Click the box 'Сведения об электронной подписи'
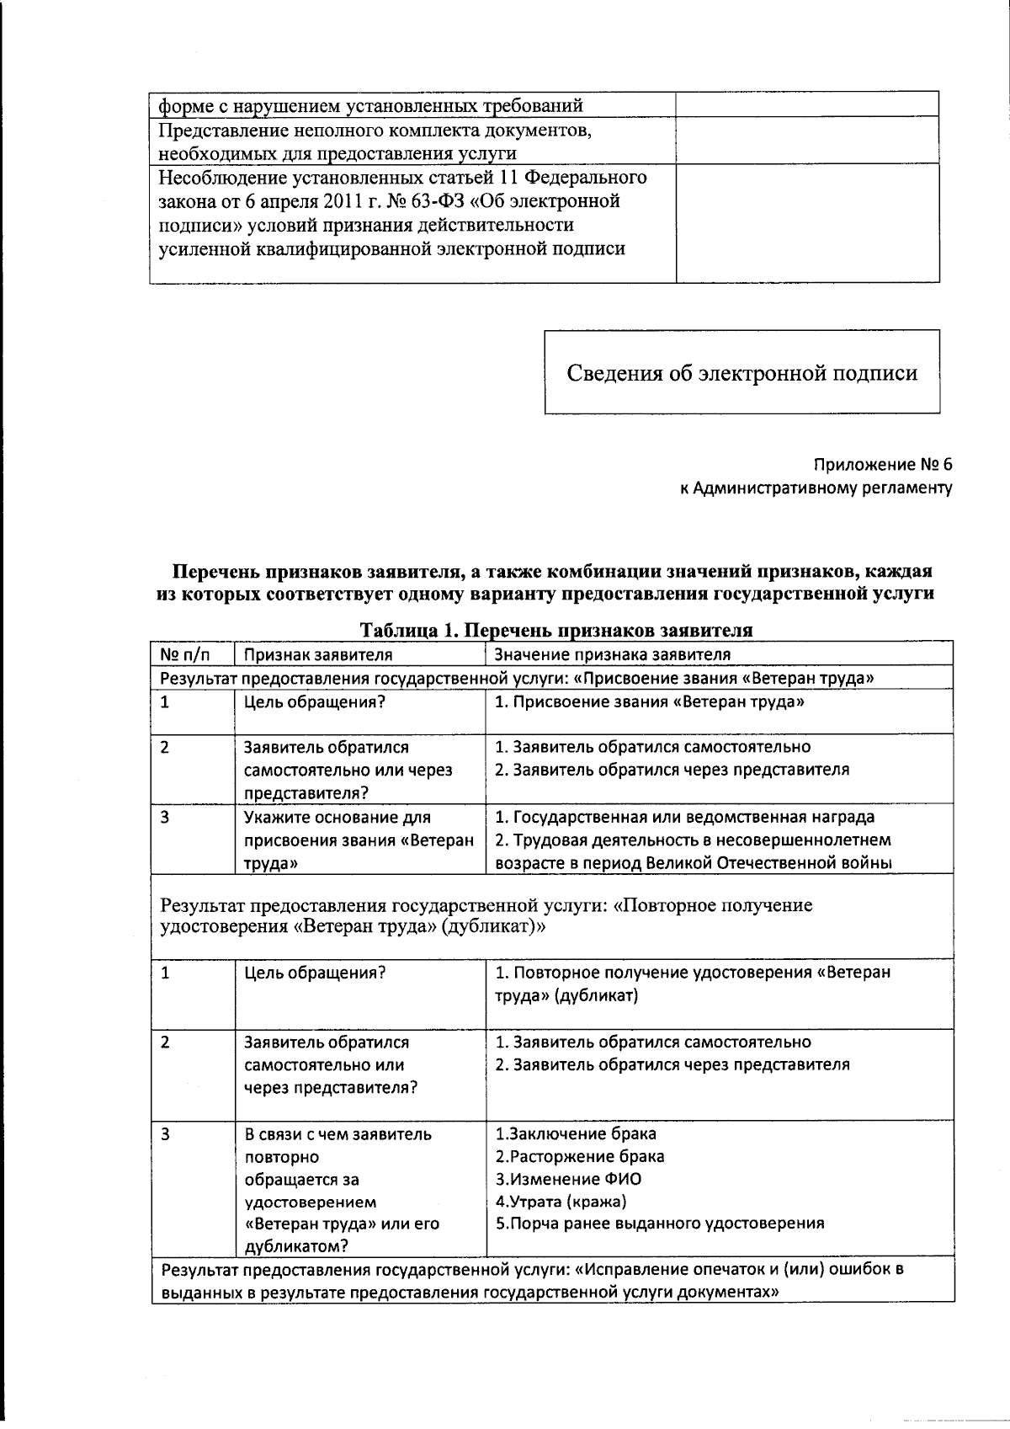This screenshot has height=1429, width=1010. pos(742,372)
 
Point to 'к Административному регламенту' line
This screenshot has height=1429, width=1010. pos(816,488)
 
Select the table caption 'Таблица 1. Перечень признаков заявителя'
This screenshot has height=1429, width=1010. pos(555,630)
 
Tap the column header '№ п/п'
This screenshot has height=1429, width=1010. pos(184,654)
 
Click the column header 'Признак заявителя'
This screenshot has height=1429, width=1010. pos(318,654)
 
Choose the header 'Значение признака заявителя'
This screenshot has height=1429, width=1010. pos(612,654)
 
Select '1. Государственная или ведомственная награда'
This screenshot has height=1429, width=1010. pos(684,817)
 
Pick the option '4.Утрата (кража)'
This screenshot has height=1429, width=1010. pos(561,1202)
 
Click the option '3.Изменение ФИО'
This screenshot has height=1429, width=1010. pos(568,1179)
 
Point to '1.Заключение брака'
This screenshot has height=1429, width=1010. pos(576,1133)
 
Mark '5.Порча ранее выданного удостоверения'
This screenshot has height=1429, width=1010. pos(660,1224)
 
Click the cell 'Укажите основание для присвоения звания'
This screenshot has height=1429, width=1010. pos(359,840)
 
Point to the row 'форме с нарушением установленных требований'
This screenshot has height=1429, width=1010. pos(371,106)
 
